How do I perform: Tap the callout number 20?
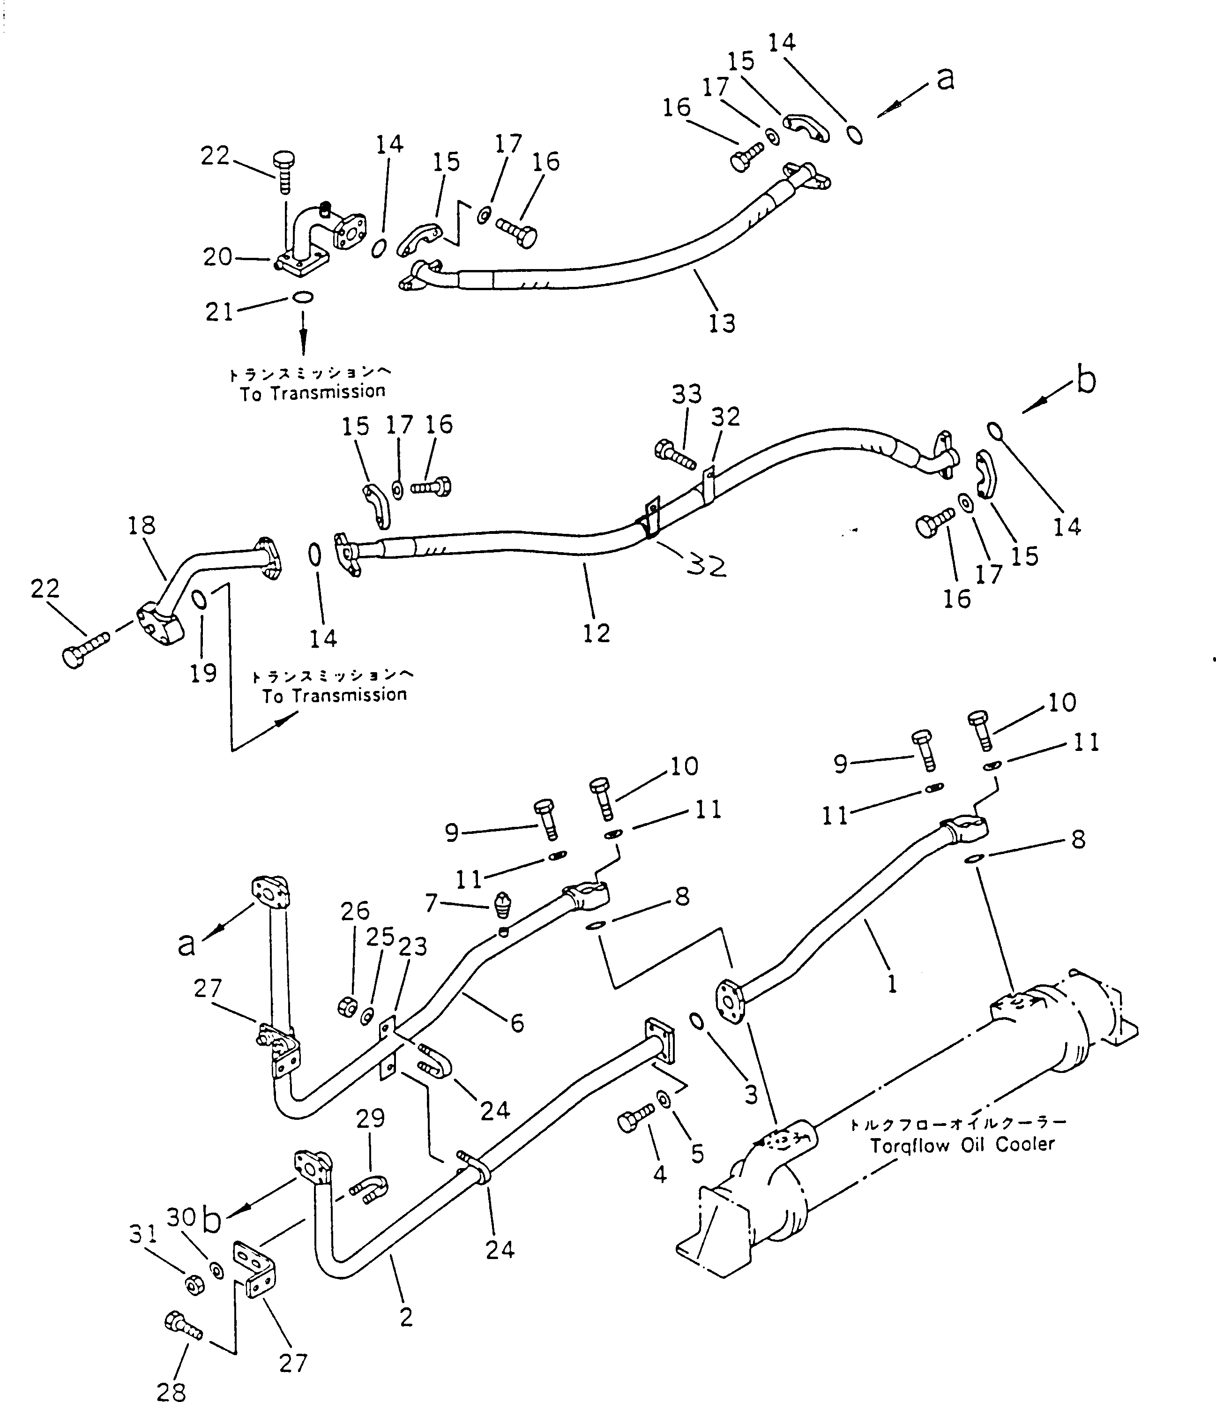pos(217,257)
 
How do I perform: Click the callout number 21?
pos(219,312)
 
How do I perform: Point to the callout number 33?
pos(686,394)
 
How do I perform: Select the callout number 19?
pos(203,673)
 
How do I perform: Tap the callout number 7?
pos(430,903)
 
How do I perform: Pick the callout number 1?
pos(892,983)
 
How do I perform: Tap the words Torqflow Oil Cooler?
pos(962,1146)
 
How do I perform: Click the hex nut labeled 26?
pos(347,1006)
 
